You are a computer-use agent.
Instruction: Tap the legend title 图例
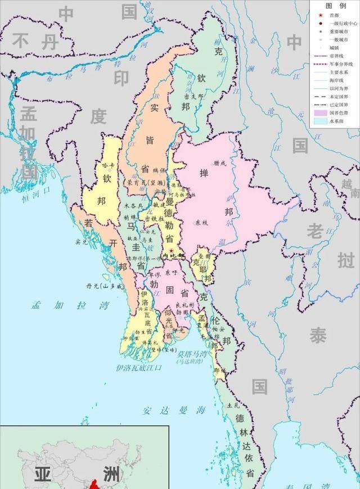(335, 5)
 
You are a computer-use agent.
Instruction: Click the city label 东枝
(202, 223)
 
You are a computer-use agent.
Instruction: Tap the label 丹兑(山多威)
(104, 286)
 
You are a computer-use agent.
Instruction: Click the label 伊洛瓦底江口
(138, 367)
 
